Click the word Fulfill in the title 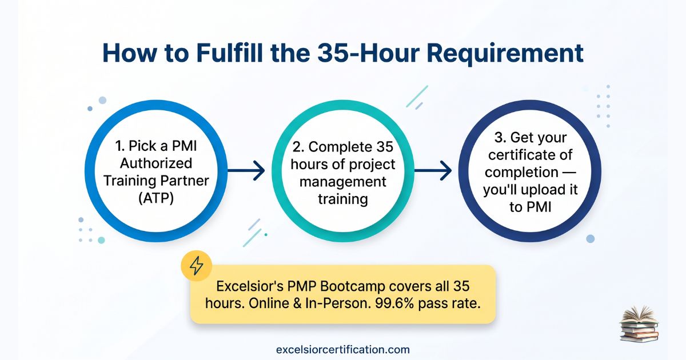pos(230,53)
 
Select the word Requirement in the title pos(505,54)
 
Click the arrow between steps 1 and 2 pos(246,170)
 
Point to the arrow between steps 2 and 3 pos(433,170)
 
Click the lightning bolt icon pos(196,266)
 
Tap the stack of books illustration pos(639,324)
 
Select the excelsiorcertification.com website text pos(342,350)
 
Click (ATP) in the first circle pos(156,198)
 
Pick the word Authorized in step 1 pos(156,163)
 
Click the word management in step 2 pos(342,182)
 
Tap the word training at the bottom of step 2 pos(342,199)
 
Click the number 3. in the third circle pos(500,138)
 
